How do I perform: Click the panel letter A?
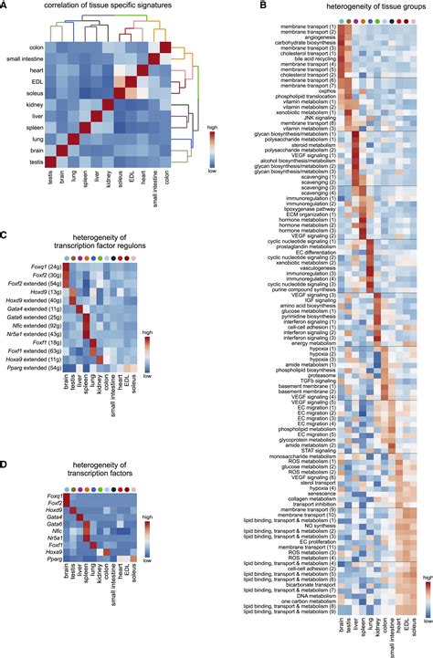[5, 6]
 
